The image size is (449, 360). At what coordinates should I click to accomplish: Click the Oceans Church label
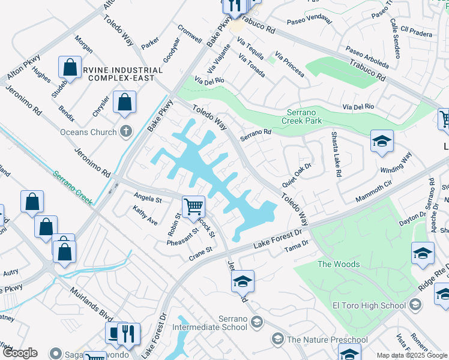87,131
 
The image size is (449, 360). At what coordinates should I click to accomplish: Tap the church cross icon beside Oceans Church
125,131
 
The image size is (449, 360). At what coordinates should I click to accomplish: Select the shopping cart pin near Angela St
193,207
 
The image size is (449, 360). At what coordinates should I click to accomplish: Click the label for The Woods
339,264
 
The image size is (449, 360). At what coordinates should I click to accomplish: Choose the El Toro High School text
369,305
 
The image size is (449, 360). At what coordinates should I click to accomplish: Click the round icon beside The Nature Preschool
277,340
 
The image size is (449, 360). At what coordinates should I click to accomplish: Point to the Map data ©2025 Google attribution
412,355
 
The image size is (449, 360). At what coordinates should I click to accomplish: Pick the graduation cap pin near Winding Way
382,142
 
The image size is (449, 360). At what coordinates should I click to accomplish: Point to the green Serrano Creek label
72,188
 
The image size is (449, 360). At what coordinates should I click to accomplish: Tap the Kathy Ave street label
145,216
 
